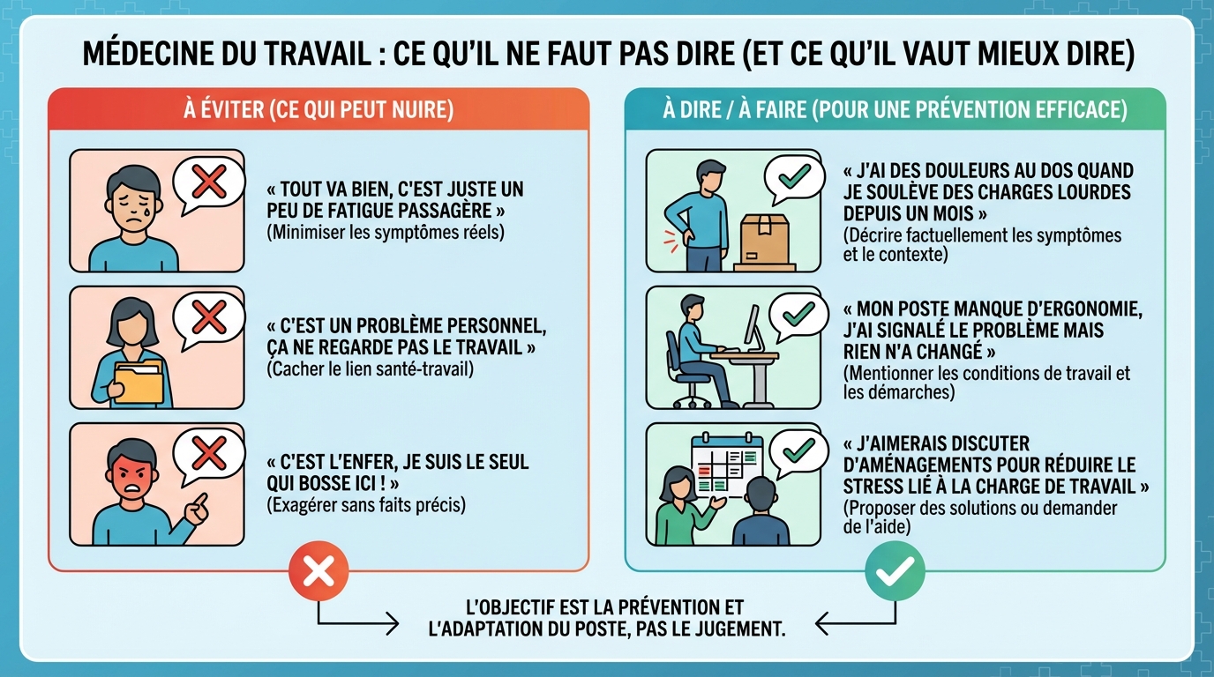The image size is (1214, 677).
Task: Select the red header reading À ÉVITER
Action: (318, 110)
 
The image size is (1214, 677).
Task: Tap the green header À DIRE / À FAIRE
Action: (895, 110)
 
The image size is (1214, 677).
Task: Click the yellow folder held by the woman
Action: (139, 382)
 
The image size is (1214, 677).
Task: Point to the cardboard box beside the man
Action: (765, 240)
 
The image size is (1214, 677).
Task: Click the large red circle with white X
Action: (318, 572)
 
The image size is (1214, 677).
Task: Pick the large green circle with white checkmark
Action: (895, 572)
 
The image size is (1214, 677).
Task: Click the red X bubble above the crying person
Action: (208, 184)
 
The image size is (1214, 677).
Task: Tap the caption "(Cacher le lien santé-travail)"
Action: (370, 369)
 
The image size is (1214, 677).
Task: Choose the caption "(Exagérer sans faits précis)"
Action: (366, 505)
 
